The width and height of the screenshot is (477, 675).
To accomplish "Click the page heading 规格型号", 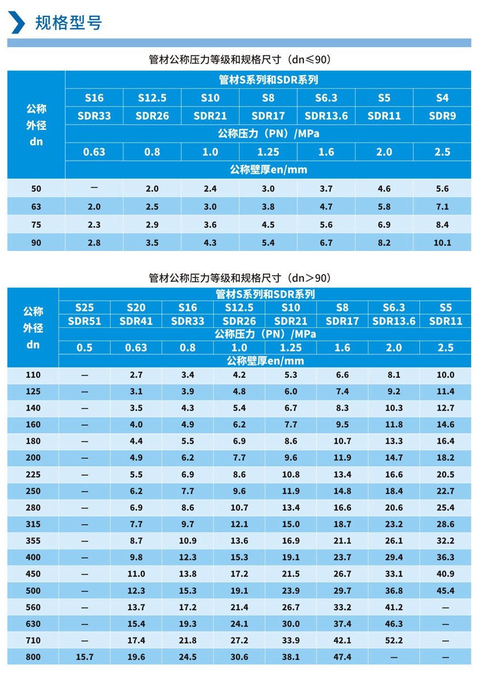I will click(68, 22).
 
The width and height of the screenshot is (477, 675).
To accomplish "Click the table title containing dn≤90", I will click(239, 60).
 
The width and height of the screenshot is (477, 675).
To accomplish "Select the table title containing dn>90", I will click(239, 278).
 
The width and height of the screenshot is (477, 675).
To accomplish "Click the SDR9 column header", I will click(442, 116).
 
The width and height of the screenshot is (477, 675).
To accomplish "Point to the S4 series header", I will click(442, 98).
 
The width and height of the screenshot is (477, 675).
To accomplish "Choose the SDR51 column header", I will click(84, 321).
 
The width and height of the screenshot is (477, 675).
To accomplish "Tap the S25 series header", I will click(84, 308).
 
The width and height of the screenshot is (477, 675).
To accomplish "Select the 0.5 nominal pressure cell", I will click(84, 348).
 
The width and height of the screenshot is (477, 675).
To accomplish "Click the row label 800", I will click(33, 657).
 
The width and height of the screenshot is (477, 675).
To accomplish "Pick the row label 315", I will click(33, 524).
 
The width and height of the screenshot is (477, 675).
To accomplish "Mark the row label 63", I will click(36, 207).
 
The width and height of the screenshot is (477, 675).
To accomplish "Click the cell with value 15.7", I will click(84, 657).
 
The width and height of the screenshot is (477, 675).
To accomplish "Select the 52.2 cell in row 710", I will click(394, 640).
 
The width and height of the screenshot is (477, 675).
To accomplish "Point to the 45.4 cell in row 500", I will click(445, 591).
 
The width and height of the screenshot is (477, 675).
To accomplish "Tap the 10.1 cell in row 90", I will click(442, 242).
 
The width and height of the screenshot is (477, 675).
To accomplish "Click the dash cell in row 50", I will click(94, 188).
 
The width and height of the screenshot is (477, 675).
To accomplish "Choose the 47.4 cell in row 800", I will click(342, 657).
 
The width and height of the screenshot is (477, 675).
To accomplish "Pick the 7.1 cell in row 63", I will click(442, 207).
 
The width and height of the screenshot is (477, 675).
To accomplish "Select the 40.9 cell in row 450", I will click(445, 574).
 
